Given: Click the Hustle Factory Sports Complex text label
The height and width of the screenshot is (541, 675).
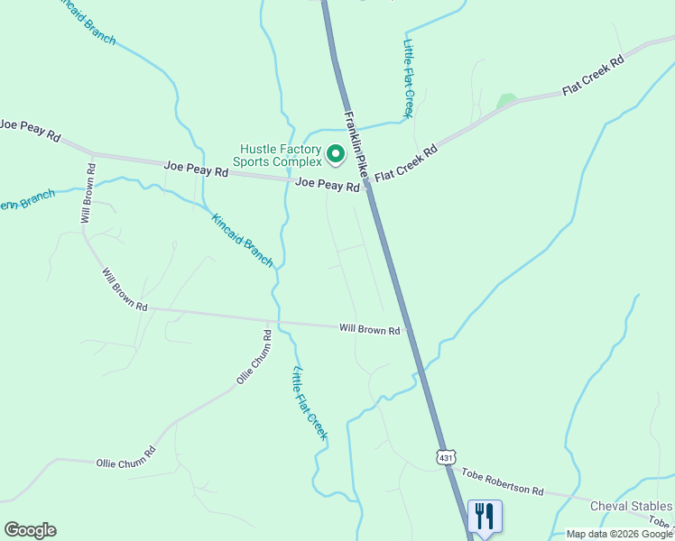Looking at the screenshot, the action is tap(280, 155).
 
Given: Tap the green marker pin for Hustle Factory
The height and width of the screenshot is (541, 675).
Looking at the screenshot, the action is tap(336, 155).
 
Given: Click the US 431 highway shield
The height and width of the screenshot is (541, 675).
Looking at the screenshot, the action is tap(446, 458).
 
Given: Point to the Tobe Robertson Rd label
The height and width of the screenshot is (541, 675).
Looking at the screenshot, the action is tap(503, 481).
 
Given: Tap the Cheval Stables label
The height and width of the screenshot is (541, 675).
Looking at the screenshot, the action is tap(631, 506).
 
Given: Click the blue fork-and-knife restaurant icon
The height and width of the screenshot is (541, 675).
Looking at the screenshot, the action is tap(485, 517).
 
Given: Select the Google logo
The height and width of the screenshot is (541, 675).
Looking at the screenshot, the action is tap(30, 530).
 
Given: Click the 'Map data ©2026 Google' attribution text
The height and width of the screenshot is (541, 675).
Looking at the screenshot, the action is tap(619, 534).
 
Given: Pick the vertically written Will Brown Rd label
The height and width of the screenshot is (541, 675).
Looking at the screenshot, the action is tap(88, 193).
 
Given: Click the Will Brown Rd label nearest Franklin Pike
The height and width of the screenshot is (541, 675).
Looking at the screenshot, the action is tap(369, 330).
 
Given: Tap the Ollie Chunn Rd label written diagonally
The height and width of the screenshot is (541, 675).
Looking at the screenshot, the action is tap(254, 357).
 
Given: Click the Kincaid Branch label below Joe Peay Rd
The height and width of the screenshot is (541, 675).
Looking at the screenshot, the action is tap(242, 240).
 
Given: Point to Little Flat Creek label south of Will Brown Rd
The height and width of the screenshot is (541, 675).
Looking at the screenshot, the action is tap(310, 403).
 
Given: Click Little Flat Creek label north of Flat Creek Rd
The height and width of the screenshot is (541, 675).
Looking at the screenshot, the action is tap(409, 78).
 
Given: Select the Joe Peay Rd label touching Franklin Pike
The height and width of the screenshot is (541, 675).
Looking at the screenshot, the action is tap(328, 185).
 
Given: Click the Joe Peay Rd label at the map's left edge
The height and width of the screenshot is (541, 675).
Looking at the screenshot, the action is tap(30, 130).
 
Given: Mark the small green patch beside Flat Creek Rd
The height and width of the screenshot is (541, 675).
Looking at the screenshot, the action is tap(506, 101).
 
